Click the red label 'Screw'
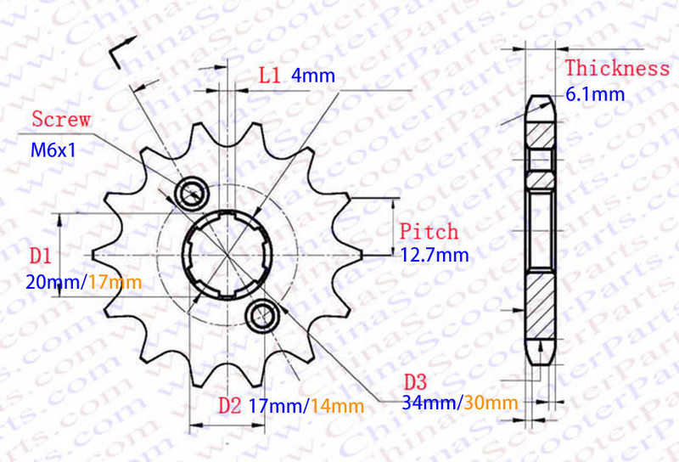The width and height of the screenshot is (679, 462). [60, 120]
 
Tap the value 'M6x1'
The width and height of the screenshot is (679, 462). [53, 150]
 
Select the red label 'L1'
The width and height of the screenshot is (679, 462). [269, 76]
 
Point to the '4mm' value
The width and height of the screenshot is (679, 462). [313, 76]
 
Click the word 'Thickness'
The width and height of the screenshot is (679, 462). [617, 68]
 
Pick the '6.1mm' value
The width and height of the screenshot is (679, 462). [595, 93]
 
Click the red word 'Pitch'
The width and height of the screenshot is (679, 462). [429, 231]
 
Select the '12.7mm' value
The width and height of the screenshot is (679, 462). [434, 253]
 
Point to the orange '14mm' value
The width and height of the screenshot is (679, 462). [339, 406]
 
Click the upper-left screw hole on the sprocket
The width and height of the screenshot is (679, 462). [189, 193]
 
